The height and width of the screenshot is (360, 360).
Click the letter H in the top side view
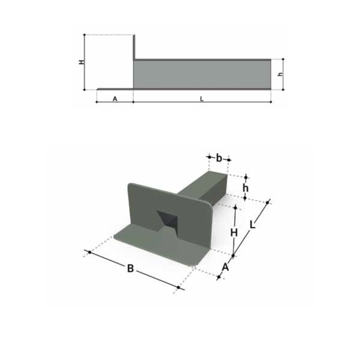[81, 62]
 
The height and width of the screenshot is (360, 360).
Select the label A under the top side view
[115, 99]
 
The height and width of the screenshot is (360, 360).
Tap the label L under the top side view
[202, 99]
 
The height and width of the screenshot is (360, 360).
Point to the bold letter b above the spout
[219, 158]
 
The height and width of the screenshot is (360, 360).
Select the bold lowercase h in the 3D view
[246, 188]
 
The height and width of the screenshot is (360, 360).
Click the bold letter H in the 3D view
[234, 232]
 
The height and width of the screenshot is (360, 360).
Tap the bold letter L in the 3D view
[253, 225]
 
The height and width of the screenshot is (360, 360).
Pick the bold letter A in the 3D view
[226, 267]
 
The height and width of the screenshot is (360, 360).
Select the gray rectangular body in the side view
[202, 74]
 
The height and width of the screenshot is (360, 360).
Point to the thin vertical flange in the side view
[134, 47]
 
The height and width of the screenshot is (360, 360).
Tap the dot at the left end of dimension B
[89, 252]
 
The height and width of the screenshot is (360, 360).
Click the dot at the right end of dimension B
[179, 287]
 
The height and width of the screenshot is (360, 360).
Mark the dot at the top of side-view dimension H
[84, 35]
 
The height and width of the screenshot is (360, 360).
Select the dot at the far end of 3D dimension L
[268, 203]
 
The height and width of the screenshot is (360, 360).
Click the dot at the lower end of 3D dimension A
[219, 277]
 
